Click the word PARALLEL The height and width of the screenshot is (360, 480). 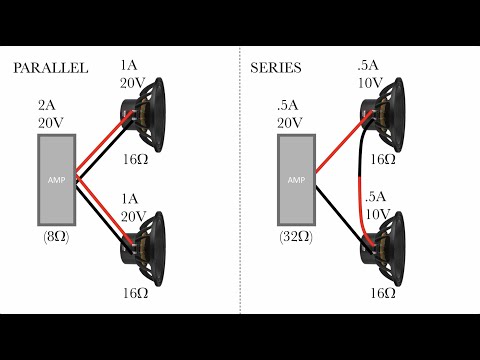tap(50, 68)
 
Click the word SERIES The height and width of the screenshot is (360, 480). tap(275, 68)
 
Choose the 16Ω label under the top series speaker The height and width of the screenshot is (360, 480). tap(383, 159)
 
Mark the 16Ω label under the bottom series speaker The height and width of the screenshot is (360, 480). tap(383, 296)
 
